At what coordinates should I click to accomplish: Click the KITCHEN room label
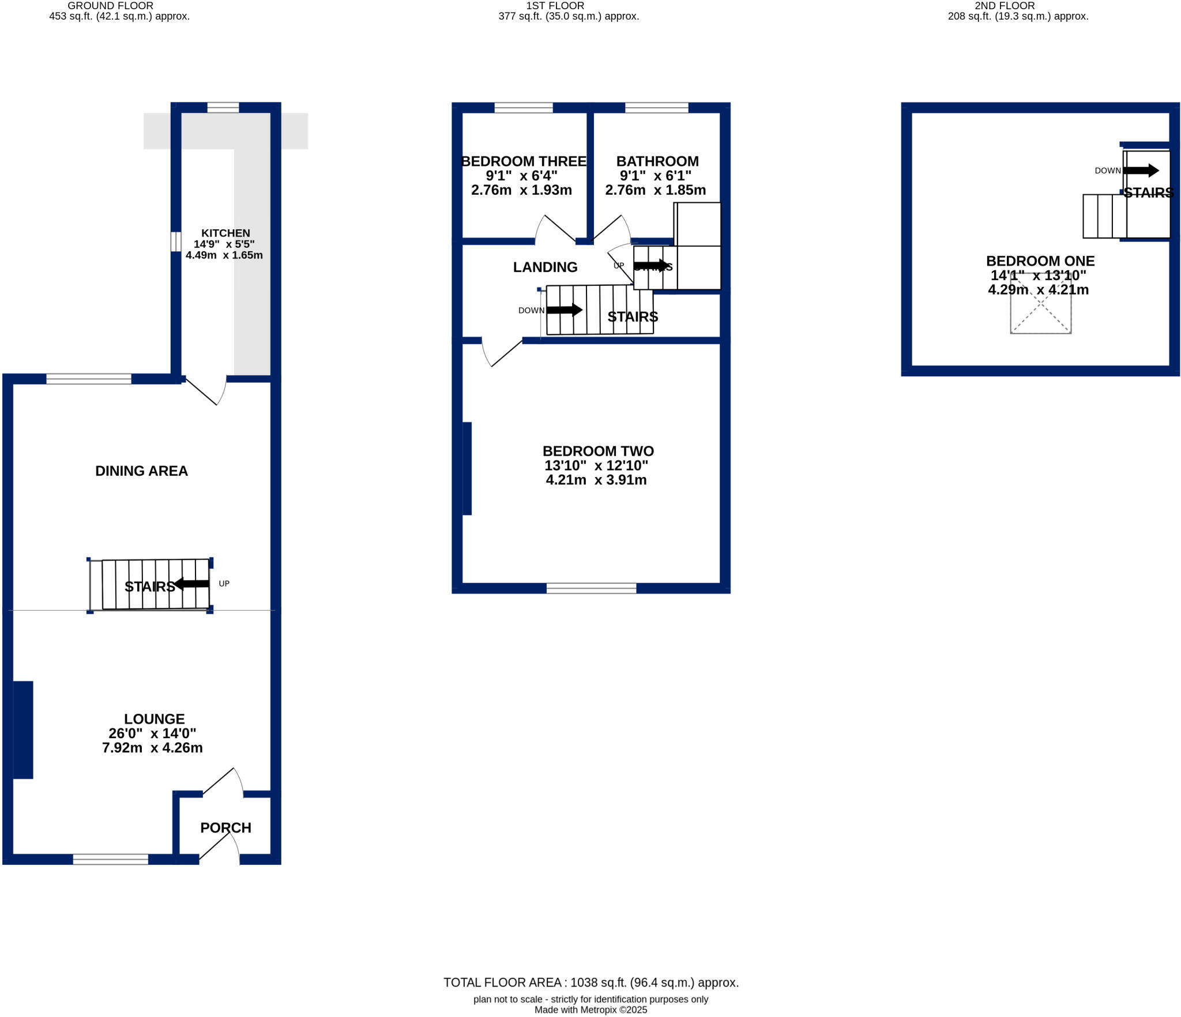(225, 233)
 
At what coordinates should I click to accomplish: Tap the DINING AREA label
(141, 471)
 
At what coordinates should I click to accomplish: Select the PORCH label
(225, 827)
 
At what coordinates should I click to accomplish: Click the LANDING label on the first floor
(545, 267)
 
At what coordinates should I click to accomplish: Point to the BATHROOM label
(657, 161)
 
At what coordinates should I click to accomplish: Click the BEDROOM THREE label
(524, 161)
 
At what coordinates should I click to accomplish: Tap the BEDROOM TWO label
(598, 451)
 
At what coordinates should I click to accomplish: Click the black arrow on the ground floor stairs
(192, 584)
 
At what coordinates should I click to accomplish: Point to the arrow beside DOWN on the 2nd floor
(1140, 170)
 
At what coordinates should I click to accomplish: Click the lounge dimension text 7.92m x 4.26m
(152, 747)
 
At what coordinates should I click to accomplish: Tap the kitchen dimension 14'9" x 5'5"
(224, 244)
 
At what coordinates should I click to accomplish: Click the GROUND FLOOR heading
(110, 6)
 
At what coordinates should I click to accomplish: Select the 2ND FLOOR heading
(1005, 6)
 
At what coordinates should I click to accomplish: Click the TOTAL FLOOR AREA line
(590, 982)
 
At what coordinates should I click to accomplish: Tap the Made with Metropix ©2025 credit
(590, 1010)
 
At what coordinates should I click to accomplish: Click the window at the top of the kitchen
(223, 107)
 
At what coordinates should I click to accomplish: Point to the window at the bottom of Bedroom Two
(591, 588)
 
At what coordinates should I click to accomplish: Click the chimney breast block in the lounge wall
(23, 729)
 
